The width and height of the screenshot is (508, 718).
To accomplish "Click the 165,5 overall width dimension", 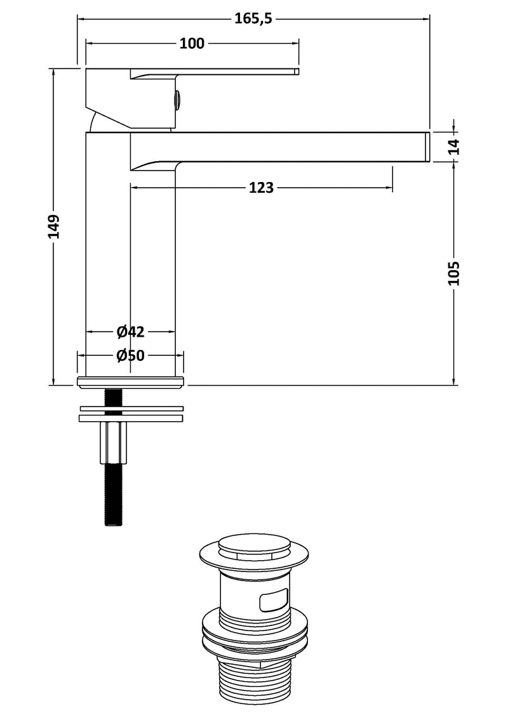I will click(x=253, y=18).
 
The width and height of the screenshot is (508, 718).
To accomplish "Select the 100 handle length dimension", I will click(x=192, y=43).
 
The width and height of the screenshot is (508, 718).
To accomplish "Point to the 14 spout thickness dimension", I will click(x=453, y=147).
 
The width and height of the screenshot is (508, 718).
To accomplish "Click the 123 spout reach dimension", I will click(x=261, y=188).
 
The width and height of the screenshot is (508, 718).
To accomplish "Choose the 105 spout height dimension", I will click(x=453, y=273).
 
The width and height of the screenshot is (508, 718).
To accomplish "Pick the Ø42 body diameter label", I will click(x=131, y=332).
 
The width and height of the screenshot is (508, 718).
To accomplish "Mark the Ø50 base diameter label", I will click(x=131, y=356).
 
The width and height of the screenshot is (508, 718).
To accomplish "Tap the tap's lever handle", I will click(x=216, y=72).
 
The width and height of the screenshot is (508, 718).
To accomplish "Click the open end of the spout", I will click(x=427, y=147).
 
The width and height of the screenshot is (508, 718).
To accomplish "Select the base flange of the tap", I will click(x=131, y=382).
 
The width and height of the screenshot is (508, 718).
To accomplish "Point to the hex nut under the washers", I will click(x=112, y=443).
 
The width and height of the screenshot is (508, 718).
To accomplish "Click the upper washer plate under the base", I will click(x=131, y=408).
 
